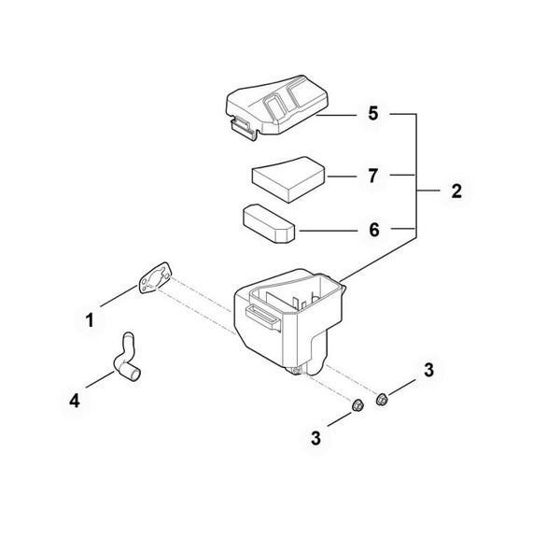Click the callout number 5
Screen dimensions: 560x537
pyautogui.click(x=372, y=114)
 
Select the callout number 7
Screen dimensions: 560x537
pyautogui.click(x=372, y=176)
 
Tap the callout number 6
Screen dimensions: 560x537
pyautogui.click(x=374, y=230)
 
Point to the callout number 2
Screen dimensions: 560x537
pyautogui.click(x=456, y=191)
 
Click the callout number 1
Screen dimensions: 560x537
pyautogui.click(x=90, y=320)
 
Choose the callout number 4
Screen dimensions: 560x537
pyautogui.click(x=75, y=401)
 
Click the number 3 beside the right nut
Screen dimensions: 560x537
pyautogui.click(x=428, y=370)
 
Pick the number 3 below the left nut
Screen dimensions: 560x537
pyautogui.click(x=315, y=438)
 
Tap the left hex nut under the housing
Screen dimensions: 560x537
pyautogui.click(x=357, y=405)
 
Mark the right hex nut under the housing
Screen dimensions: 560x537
pyautogui.click(x=382, y=399)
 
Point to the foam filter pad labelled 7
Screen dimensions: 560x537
pyautogui.click(x=288, y=179)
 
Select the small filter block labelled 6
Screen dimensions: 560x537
pyautogui.click(x=269, y=223)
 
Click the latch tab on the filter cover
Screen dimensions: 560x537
pyautogui.click(x=244, y=128)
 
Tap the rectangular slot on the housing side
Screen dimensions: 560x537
pyautogui.click(x=263, y=317)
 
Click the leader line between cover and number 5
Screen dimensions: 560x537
pyautogui.click(x=336, y=116)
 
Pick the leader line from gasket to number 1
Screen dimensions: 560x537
pyautogui.click(x=119, y=296)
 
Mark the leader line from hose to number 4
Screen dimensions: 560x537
pyautogui.click(x=100, y=379)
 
